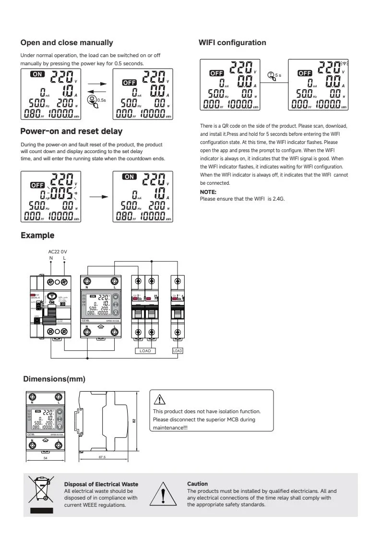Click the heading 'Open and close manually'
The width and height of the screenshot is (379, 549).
[67, 43]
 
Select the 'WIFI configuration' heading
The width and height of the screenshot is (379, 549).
[232, 43]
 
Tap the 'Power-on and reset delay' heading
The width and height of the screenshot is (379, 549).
[71, 131]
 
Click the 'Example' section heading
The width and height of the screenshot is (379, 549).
[37, 235]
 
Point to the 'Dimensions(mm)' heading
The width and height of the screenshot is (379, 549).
[54, 379]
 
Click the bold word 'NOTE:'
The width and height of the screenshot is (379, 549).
[208, 192]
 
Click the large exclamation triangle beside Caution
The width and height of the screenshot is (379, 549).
[164, 494]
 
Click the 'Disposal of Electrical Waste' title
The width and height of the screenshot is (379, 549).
[101, 484]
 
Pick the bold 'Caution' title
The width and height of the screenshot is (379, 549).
[198, 484]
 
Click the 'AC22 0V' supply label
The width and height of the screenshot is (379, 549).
[58, 251]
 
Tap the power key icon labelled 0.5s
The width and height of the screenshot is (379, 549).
[92, 100]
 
